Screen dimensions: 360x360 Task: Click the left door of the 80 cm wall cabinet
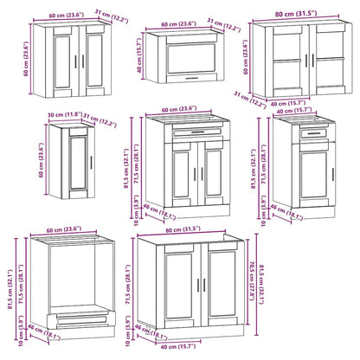(281, 55)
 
